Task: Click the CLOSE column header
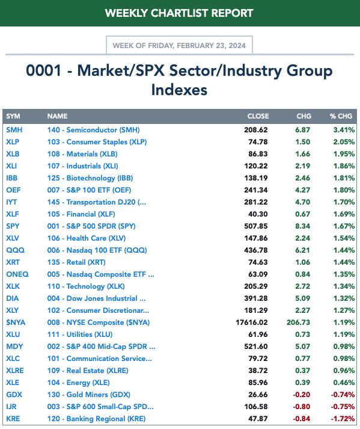(258, 116)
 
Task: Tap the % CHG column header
(341, 116)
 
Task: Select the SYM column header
(13, 116)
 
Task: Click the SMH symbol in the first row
(14, 130)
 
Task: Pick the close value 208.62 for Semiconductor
(256, 130)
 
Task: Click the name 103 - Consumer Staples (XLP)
(97, 142)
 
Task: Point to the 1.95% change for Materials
(344, 154)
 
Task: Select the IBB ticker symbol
(12, 178)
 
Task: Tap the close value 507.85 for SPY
(256, 226)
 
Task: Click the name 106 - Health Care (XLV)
(87, 238)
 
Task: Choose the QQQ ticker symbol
(15, 250)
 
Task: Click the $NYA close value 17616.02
(251, 323)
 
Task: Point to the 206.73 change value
(298, 323)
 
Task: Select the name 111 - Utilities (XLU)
(80, 335)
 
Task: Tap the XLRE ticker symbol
(15, 371)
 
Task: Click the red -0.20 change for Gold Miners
(302, 395)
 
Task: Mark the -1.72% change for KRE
(343, 419)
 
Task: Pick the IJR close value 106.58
(256, 407)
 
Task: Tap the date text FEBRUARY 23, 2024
(212, 45)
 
